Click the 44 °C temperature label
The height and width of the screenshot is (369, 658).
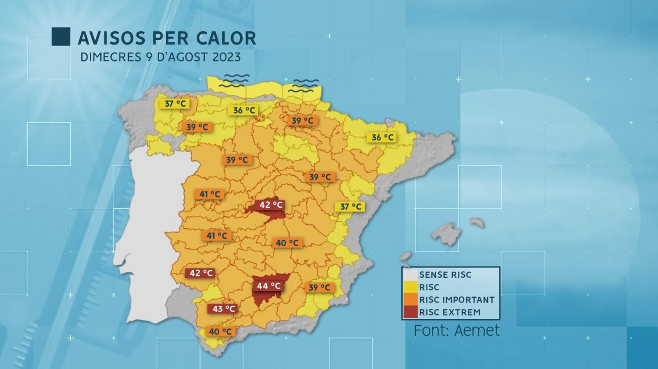click(269, 285)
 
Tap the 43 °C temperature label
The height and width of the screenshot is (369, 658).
click(224, 309)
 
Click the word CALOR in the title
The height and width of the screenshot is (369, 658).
click(226, 38)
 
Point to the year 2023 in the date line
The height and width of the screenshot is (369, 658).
click(226, 57)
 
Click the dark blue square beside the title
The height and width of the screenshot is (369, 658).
click(61, 37)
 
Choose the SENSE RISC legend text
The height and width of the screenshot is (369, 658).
click(445, 275)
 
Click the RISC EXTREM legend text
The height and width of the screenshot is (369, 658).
click(449, 312)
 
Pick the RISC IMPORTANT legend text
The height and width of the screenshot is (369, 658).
click(456, 300)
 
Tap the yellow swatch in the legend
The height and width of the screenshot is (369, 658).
click(410, 287)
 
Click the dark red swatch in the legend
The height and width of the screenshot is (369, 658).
click(410, 312)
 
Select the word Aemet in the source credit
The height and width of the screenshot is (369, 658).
click(477, 330)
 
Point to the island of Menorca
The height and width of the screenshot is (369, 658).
click(477, 223)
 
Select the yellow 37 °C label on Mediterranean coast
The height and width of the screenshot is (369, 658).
click(350, 207)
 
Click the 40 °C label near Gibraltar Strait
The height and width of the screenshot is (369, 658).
click(220, 332)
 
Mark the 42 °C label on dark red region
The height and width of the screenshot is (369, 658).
click(271, 204)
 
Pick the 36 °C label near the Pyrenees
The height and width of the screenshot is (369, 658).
click(382, 137)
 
